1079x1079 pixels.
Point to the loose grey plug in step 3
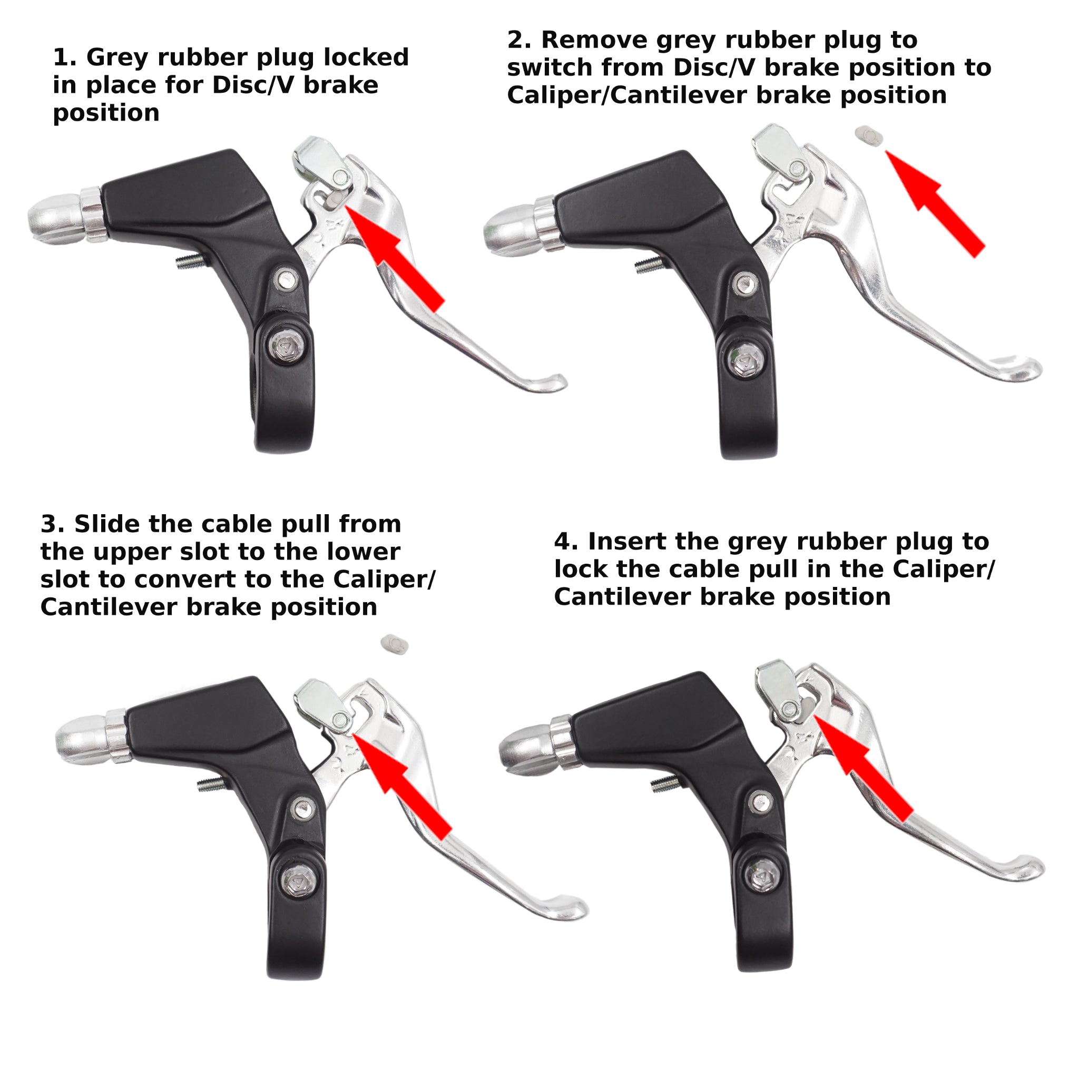click(394, 644)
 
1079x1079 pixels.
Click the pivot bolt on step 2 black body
click(744, 285)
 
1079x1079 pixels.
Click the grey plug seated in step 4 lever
click(808, 709)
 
